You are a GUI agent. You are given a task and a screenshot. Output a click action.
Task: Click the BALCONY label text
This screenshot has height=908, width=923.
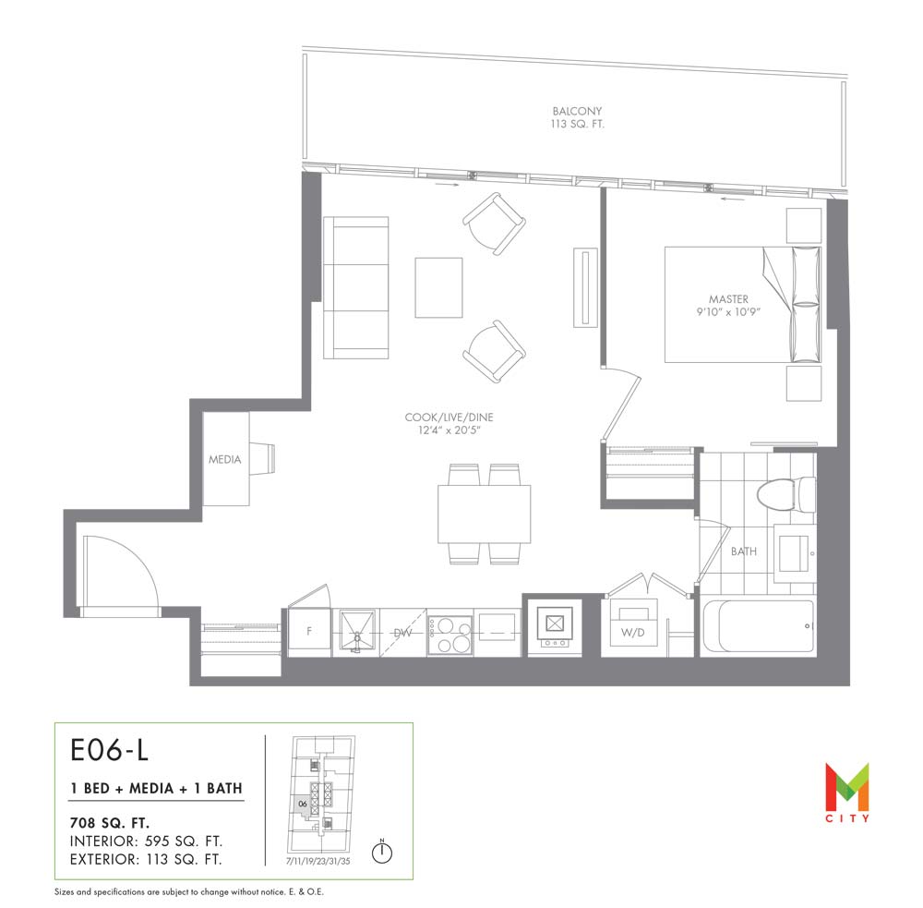click(577, 111)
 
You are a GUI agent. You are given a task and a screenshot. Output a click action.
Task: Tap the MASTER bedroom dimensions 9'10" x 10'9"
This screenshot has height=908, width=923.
click(728, 311)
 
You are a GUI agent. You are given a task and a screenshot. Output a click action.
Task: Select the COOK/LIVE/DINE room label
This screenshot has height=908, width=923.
click(449, 418)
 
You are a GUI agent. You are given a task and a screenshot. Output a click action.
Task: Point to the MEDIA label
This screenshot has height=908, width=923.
click(225, 459)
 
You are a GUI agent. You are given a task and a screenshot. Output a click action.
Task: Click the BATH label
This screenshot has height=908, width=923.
click(743, 551)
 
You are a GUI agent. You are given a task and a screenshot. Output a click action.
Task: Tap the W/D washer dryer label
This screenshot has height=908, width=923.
click(633, 633)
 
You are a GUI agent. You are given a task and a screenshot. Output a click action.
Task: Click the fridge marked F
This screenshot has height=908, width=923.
click(309, 632)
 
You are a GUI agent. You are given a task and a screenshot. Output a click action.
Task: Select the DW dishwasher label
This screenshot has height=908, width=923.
click(402, 634)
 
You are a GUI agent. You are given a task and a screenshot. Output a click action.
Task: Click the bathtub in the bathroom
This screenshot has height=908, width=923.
click(758, 626)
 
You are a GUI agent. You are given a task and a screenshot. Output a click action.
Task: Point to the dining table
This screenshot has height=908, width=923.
click(484, 514)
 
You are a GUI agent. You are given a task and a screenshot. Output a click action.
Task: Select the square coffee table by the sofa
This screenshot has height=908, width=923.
click(438, 287)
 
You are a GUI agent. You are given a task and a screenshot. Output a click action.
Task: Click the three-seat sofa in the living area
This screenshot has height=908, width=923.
click(355, 287)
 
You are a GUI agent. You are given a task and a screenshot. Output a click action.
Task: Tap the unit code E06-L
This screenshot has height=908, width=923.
click(110, 750)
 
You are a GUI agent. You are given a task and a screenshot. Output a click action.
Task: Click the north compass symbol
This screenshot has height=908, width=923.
click(382, 851)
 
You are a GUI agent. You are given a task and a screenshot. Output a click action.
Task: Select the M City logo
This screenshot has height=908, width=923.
click(846, 792)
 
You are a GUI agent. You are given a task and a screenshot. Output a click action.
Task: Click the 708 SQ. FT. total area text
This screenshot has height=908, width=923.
click(110, 823)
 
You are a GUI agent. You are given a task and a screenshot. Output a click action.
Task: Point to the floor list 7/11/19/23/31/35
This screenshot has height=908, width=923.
click(318, 861)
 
